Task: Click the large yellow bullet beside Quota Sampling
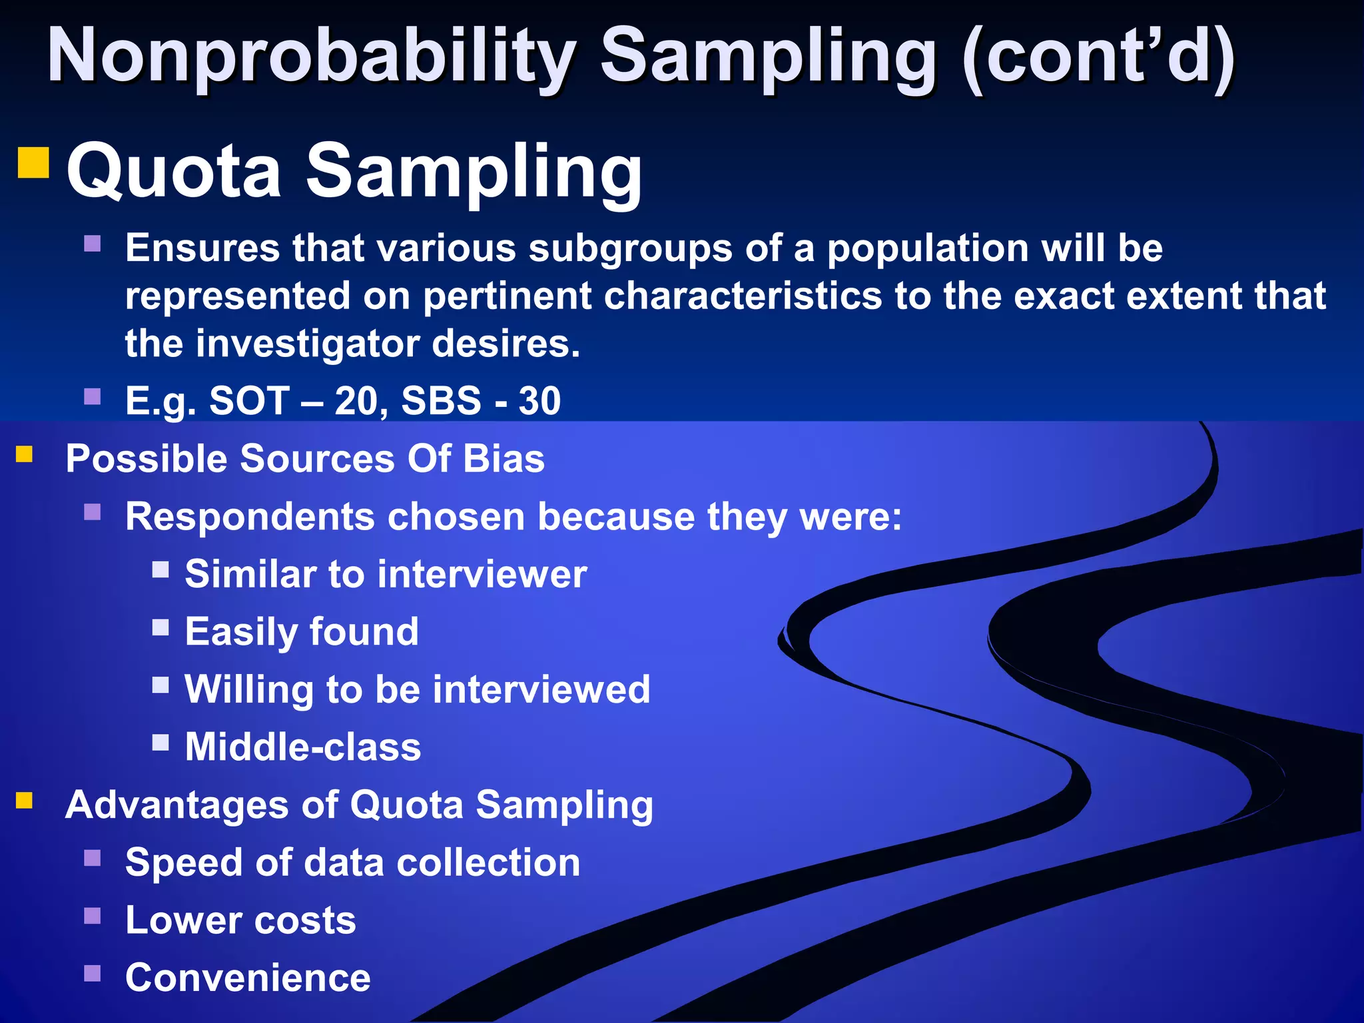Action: [33, 163]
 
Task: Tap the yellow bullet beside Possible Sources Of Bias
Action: [25, 454]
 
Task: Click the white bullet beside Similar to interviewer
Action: [161, 569]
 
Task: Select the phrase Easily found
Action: [302, 632]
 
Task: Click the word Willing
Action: [248, 689]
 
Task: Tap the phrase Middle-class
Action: [303, 747]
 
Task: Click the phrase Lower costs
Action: [240, 920]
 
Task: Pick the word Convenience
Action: [248, 978]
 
